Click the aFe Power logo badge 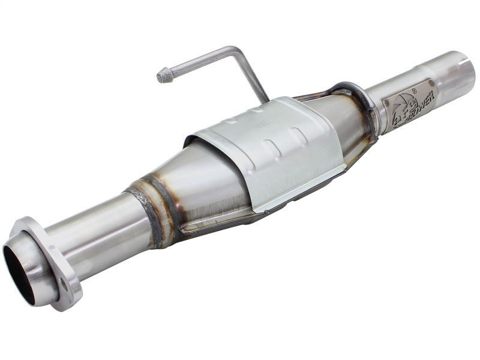pos(408,104)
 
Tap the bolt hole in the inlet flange pos(64,287)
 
